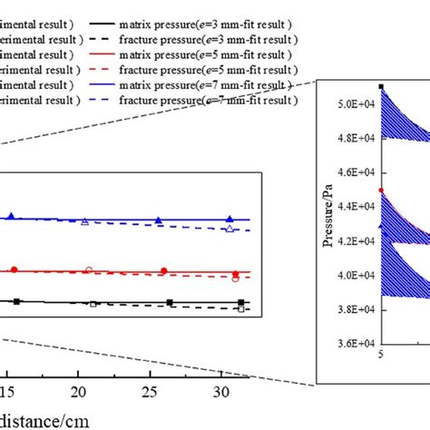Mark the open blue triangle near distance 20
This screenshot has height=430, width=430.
pos(85,221)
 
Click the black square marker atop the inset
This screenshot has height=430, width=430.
pos(381,87)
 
